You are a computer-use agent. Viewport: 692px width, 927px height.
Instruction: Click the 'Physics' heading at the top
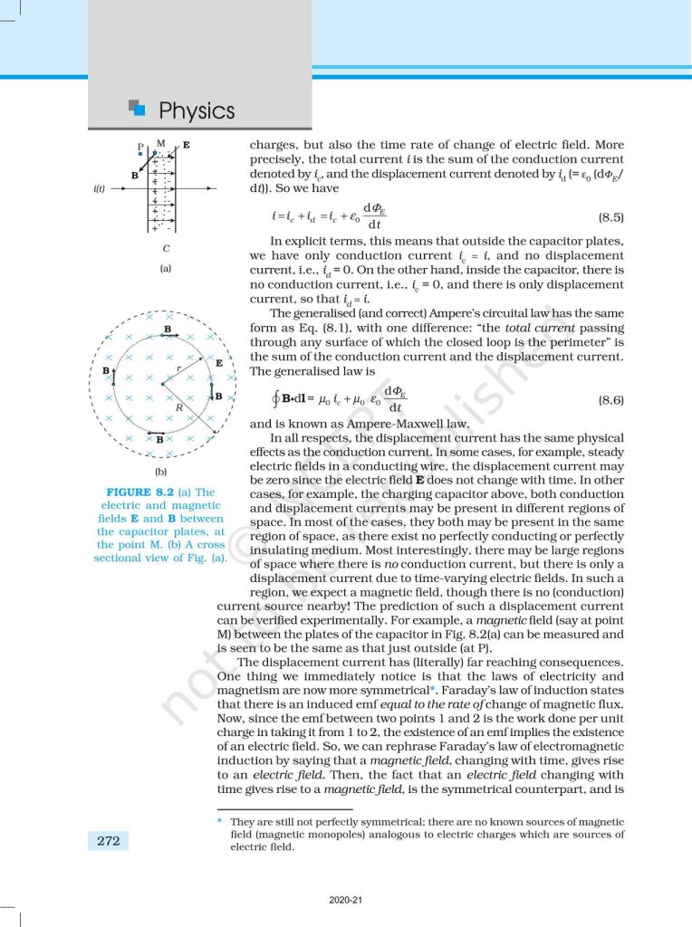pos(197,110)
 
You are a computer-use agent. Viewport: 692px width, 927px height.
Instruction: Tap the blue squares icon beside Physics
pos(137,109)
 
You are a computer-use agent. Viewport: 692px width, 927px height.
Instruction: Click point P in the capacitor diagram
pos(140,146)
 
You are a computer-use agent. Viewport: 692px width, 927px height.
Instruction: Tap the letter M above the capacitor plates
pos(160,143)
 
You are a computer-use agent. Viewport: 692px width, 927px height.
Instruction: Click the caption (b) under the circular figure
pos(160,471)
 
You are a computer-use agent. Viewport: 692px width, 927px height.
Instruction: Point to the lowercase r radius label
pos(179,370)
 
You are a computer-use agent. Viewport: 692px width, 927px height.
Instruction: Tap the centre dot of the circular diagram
pos(162,386)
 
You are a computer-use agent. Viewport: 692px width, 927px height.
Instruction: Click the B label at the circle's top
pos(168,328)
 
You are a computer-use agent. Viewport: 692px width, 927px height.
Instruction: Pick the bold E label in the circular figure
pos(219,362)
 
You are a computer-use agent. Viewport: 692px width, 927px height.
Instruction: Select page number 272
pos(109,841)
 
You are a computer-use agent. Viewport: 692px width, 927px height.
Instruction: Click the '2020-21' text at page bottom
pos(345,901)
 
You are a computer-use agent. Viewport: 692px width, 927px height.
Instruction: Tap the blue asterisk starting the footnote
pos(220,820)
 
